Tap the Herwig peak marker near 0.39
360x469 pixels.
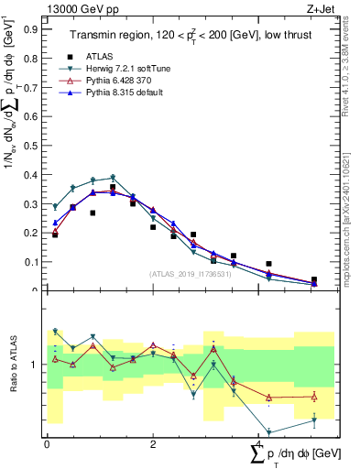coord(113,178)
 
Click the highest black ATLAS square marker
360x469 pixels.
coord(113,187)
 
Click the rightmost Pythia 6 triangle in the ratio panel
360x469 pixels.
coord(314,396)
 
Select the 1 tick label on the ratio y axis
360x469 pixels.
coord(36,365)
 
